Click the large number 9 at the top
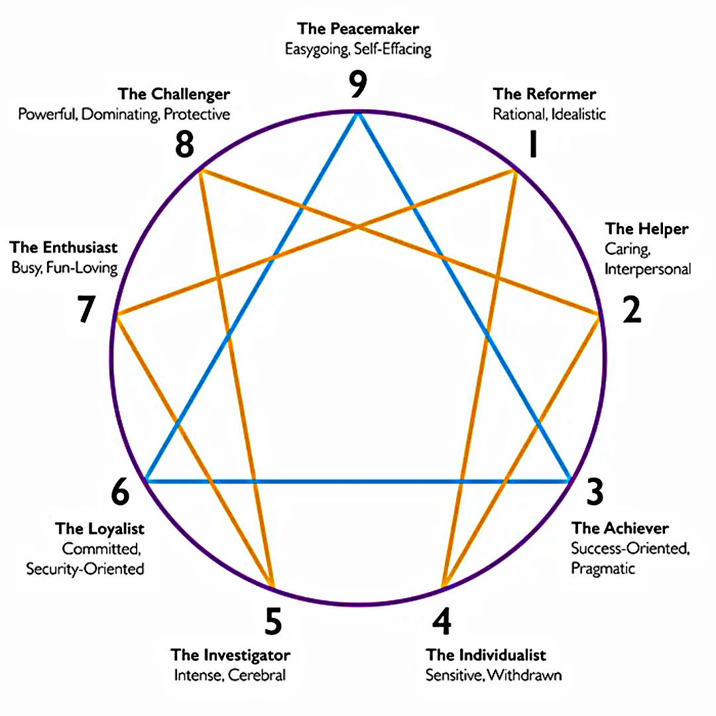click(358, 84)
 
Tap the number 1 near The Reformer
click(532, 144)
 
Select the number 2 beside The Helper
click(632, 310)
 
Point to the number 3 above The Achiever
click(595, 492)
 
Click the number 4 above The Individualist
click(442, 621)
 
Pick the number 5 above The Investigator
click(273, 621)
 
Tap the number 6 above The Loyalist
click(120, 492)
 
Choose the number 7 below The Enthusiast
click(86, 309)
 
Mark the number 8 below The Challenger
click(185, 145)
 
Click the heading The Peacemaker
click(358, 29)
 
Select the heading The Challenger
click(174, 95)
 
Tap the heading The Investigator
click(231, 655)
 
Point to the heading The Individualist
click(486, 655)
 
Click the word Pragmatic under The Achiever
click(603, 569)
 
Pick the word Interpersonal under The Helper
click(648, 269)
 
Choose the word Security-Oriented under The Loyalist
click(85, 569)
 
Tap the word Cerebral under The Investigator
click(257, 675)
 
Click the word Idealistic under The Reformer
click(578, 114)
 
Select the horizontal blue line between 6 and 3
click(358, 481)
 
